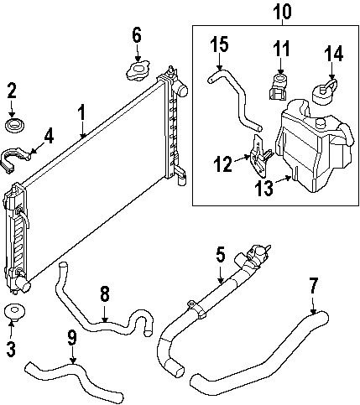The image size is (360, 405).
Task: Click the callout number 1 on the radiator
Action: pos(82,112)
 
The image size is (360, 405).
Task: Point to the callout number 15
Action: pos(219,44)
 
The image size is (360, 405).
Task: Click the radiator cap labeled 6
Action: pos(137,70)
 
